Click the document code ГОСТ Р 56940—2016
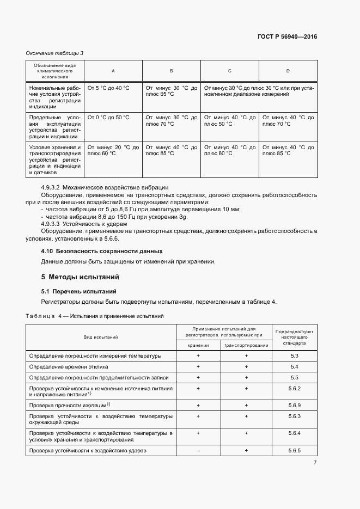pyautogui.click(x=287, y=37)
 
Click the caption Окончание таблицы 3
pyautogui.click(x=55, y=53)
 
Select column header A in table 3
pyautogui.click(x=113, y=71)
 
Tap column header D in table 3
pyautogui.click(x=288, y=71)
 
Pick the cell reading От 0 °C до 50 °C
pyautogui.click(x=108, y=117)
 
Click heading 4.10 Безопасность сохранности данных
pyautogui.click(x=102, y=251)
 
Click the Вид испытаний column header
pyautogui.click(x=101, y=337)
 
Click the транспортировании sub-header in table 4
pyautogui.click(x=246, y=345)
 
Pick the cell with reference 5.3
pyautogui.click(x=295, y=356)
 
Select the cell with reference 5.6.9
pyautogui.click(x=295, y=406)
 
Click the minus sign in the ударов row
pyautogui.click(x=198, y=451)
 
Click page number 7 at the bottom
pyautogui.click(x=315, y=463)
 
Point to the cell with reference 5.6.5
pyautogui.click(x=295, y=451)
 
